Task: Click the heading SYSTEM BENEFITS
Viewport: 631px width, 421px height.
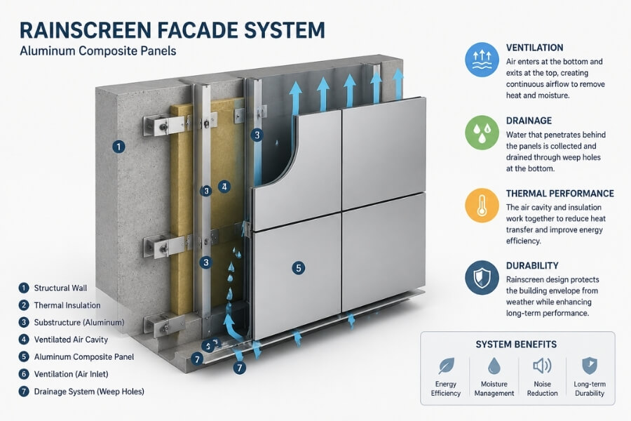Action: pyautogui.click(x=517, y=345)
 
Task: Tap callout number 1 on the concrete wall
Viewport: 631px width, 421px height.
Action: pyautogui.click(x=119, y=147)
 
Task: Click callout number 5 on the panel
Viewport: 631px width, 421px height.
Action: pyautogui.click(x=299, y=267)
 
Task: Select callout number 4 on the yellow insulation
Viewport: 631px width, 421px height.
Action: pyautogui.click(x=224, y=187)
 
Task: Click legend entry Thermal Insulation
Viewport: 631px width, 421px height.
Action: pyautogui.click(x=67, y=305)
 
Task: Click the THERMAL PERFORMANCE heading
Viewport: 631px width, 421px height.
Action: pyautogui.click(x=559, y=194)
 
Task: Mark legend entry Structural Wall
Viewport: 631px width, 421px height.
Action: pyautogui.click(x=61, y=288)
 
